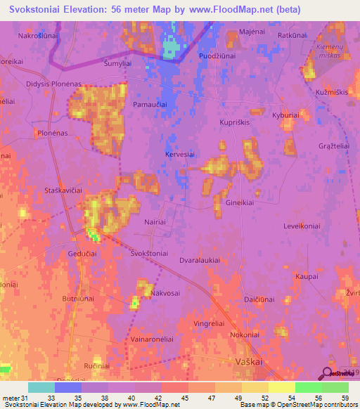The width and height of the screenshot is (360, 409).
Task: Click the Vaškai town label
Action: [x=249, y=361]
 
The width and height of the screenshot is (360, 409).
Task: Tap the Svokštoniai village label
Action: [x=148, y=254]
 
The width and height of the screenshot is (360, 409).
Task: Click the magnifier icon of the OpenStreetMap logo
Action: [x=328, y=373]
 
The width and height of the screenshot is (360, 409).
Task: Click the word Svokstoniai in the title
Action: [x=39, y=10]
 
